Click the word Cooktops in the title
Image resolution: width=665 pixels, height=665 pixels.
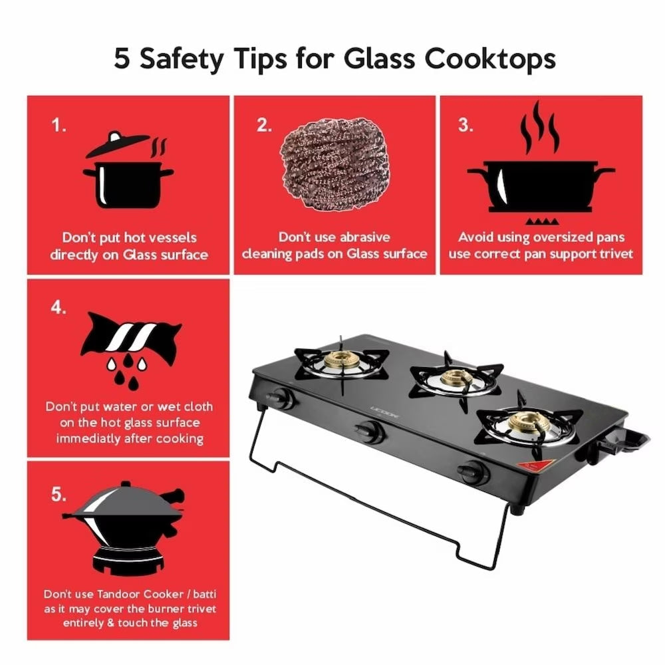coord(489,59)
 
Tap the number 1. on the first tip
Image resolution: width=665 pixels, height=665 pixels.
coord(59,125)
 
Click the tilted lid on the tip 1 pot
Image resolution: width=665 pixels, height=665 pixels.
coord(118,144)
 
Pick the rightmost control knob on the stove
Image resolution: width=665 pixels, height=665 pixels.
coord(475,471)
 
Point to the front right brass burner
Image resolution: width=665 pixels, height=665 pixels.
coord(525,422)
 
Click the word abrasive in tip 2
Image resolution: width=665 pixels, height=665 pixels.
coord(365,237)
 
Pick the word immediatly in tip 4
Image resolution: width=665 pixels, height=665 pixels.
coord(88,438)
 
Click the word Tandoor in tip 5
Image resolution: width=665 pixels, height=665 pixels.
coord(123,593)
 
